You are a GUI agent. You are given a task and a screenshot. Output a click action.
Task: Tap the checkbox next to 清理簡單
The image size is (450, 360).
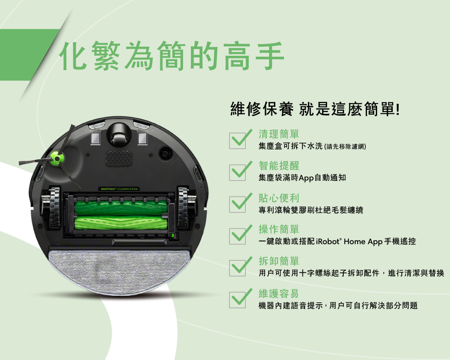click(238, 140)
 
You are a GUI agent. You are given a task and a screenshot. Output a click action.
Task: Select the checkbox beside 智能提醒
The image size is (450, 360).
click(238, 172)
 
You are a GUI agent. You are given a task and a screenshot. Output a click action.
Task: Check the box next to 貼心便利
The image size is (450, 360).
click(238, 204)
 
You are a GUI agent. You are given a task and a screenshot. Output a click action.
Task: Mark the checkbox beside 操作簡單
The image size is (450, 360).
click(238, 235)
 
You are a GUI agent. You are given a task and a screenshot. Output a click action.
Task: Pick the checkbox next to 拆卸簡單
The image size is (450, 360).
click(238, 267)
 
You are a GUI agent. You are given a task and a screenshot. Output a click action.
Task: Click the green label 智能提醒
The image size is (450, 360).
click(279, 166)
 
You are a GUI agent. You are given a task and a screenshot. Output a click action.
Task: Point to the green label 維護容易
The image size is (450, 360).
click(279, 293)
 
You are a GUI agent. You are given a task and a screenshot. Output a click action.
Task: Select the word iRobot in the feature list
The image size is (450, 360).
click(329, 242)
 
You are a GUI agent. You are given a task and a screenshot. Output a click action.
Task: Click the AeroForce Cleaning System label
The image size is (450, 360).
click(119, 188)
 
